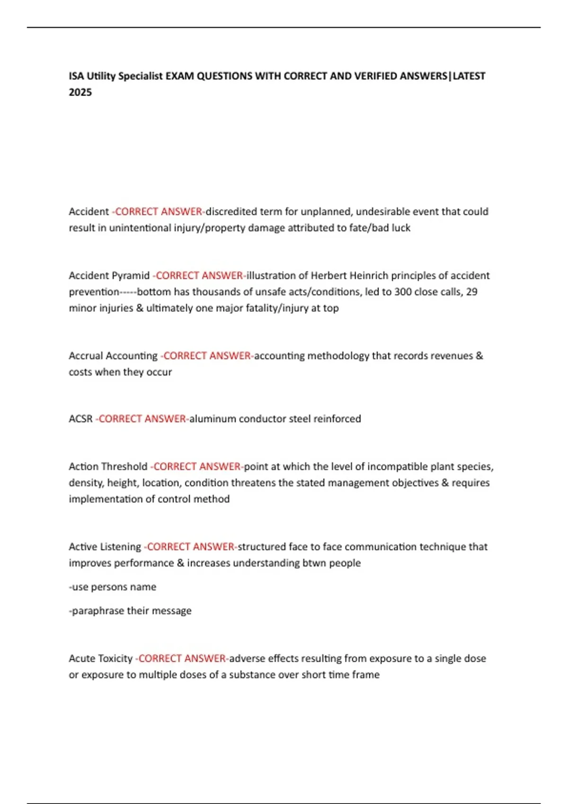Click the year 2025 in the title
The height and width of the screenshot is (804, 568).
pos(80,92)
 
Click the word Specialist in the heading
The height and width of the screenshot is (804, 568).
pos(140,76)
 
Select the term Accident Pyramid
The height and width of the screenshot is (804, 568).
pos(109,275)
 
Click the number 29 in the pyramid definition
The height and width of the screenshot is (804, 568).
pos(471,292)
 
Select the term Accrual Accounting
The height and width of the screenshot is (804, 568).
pos(113,356)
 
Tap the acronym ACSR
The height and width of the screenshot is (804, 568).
pos(80,419)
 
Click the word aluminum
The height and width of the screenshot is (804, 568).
pos(213,419)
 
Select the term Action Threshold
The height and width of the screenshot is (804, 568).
pos(108,466)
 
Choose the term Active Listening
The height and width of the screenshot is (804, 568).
pos(105,547)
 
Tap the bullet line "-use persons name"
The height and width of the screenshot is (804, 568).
pos(113,587)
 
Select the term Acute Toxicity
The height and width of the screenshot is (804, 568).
pos(100,658)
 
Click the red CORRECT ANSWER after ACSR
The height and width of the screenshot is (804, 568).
pos(142,419)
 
